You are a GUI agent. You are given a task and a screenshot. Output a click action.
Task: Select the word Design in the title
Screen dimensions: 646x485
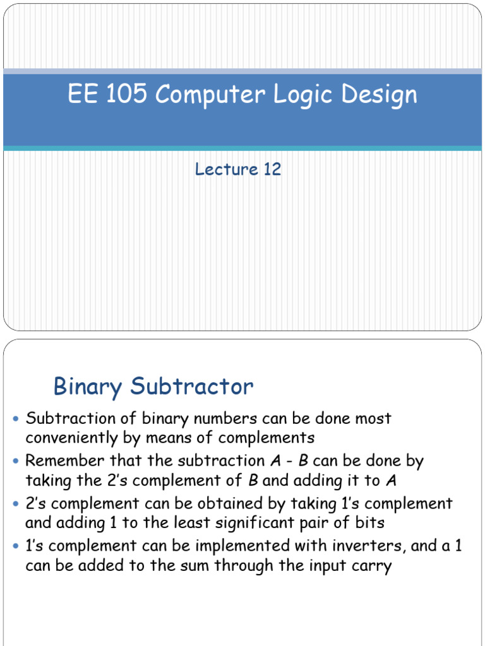tap(380, 95)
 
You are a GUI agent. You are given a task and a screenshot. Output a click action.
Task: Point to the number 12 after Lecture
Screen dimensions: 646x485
tap(272, 169)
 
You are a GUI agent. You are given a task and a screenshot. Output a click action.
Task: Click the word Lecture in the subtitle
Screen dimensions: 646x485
tap(227, 169)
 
